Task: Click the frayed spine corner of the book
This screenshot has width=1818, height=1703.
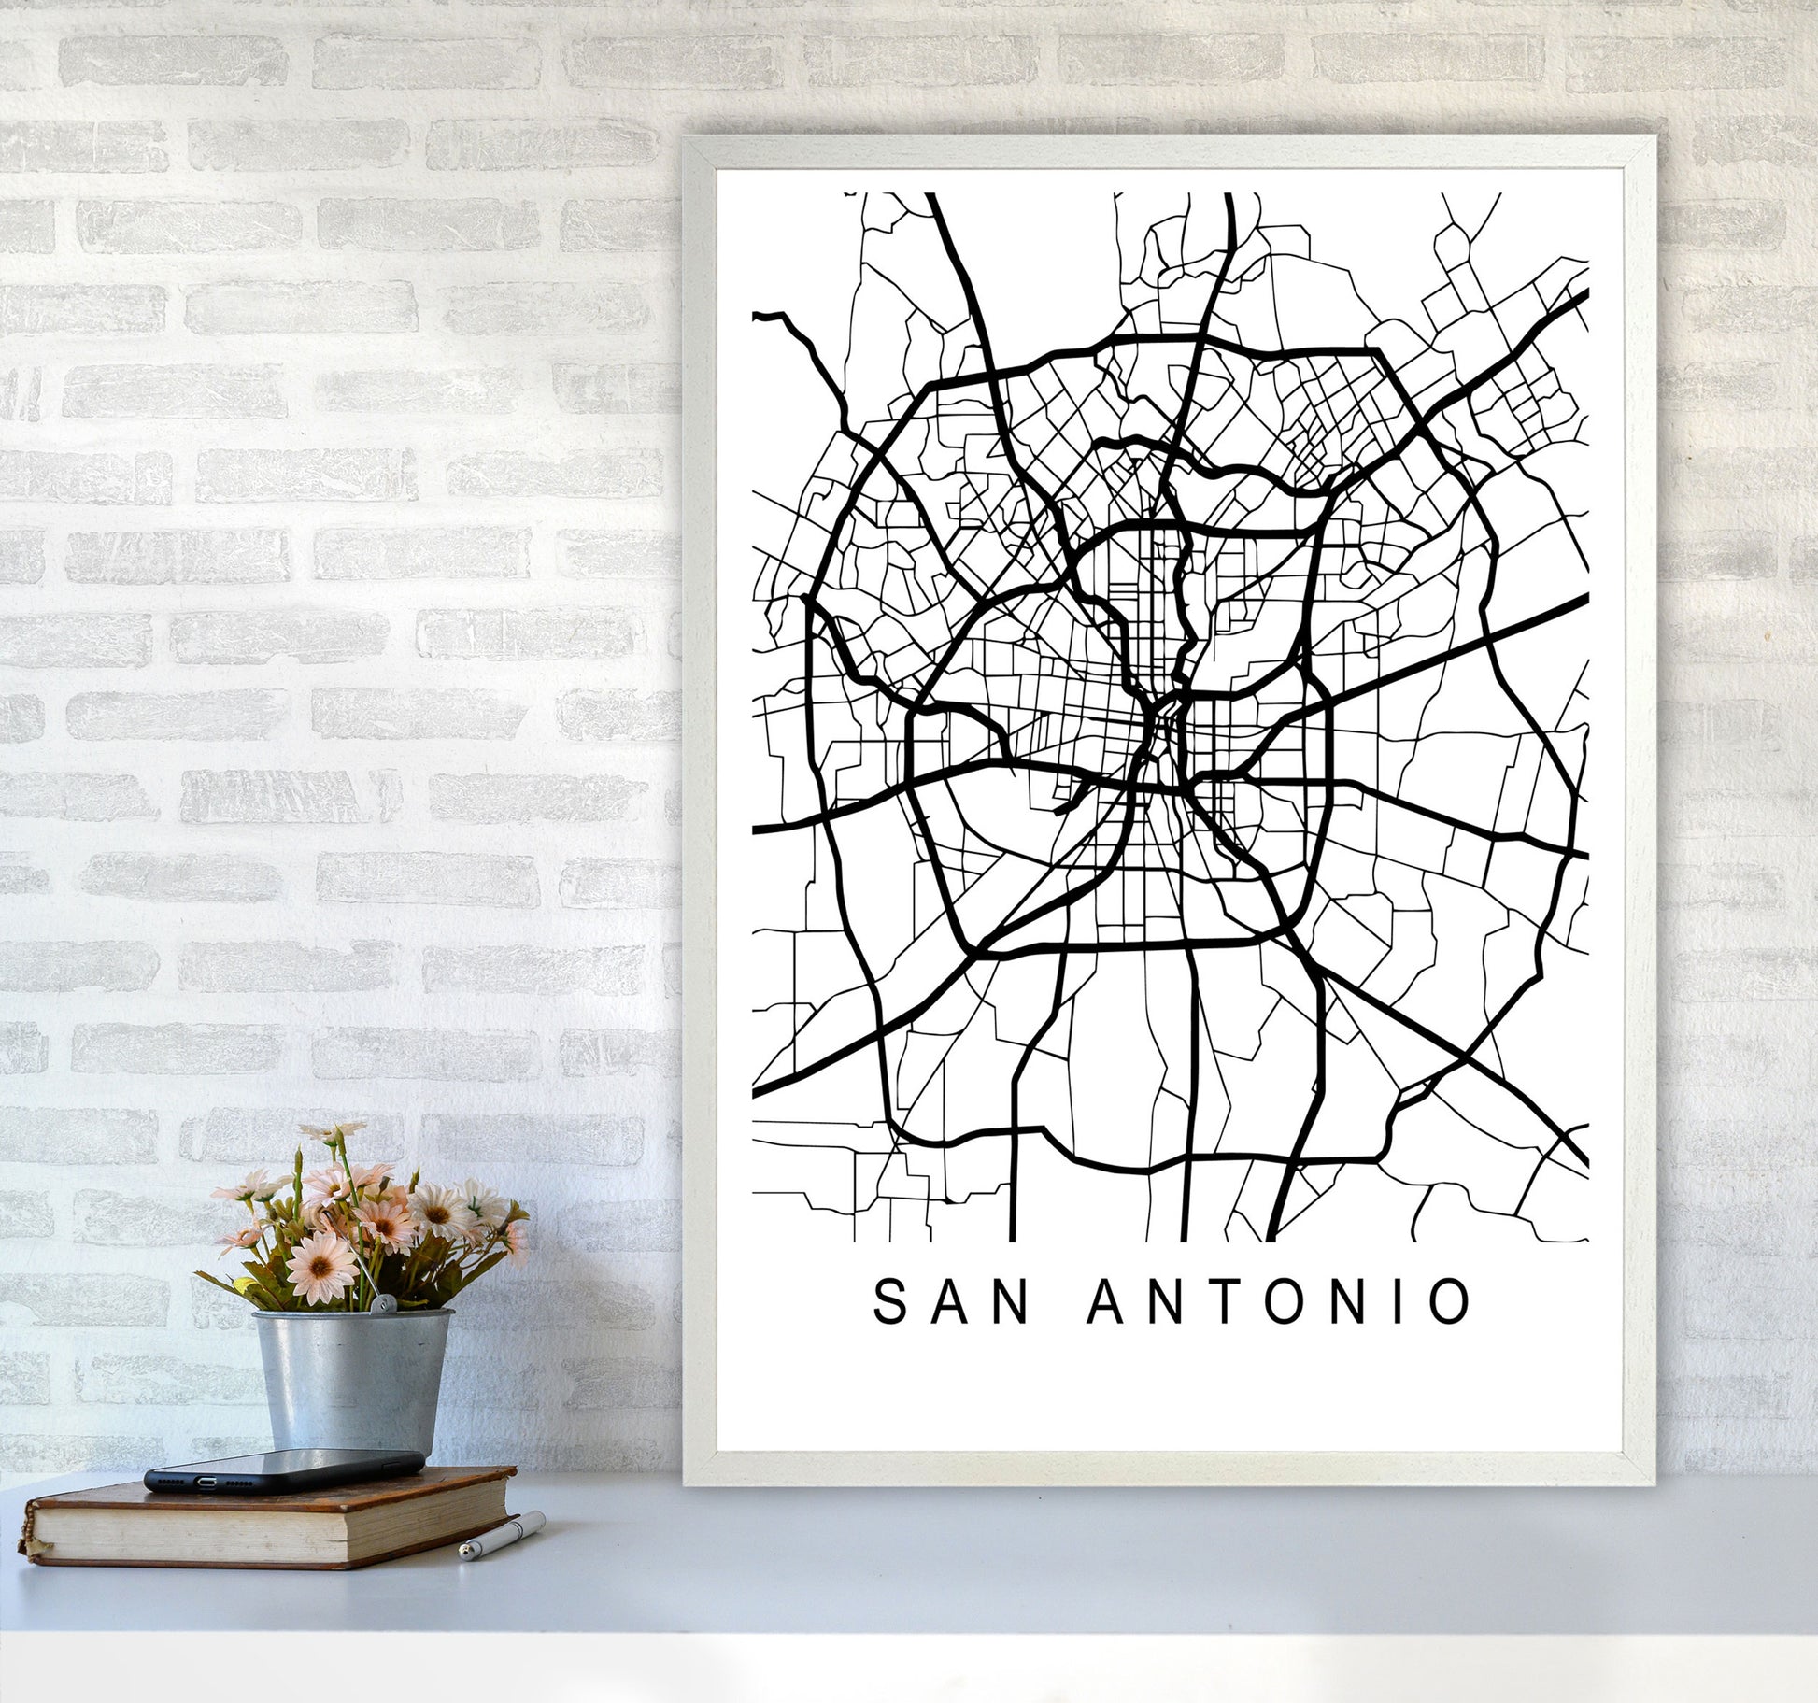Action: coord(36,1552)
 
